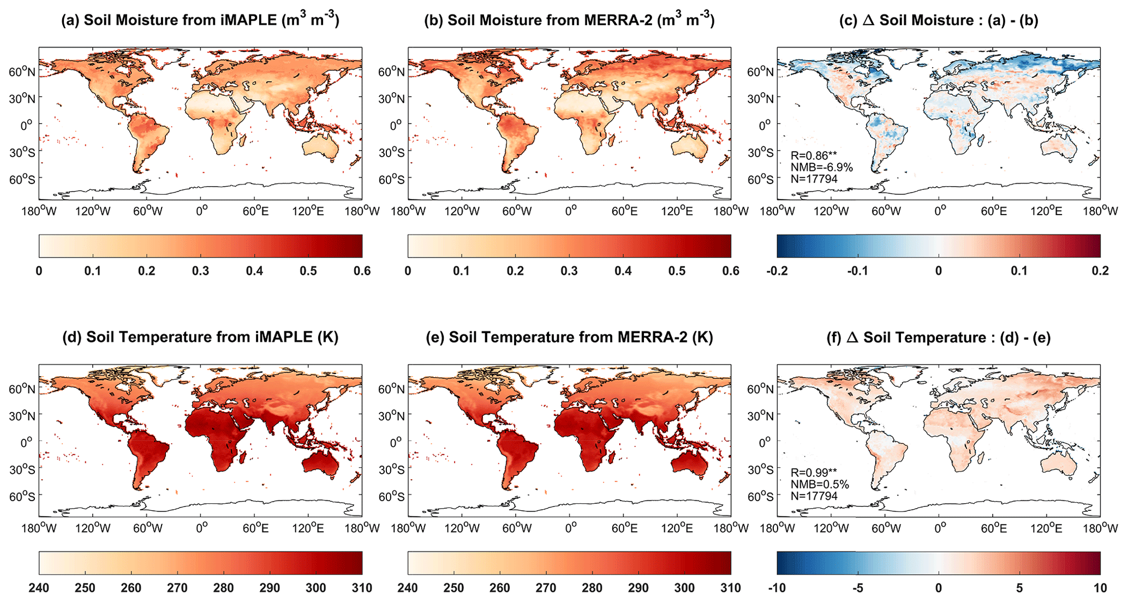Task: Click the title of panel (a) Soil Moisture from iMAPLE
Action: click(200, 20)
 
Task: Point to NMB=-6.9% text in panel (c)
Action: click(821, 167)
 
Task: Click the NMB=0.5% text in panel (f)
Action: click(820, 484)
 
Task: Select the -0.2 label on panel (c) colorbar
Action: click(777, 271)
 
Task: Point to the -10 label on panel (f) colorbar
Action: click(777, 588)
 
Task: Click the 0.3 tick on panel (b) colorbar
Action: click(569, 271)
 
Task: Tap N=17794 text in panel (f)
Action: click(814, 496)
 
